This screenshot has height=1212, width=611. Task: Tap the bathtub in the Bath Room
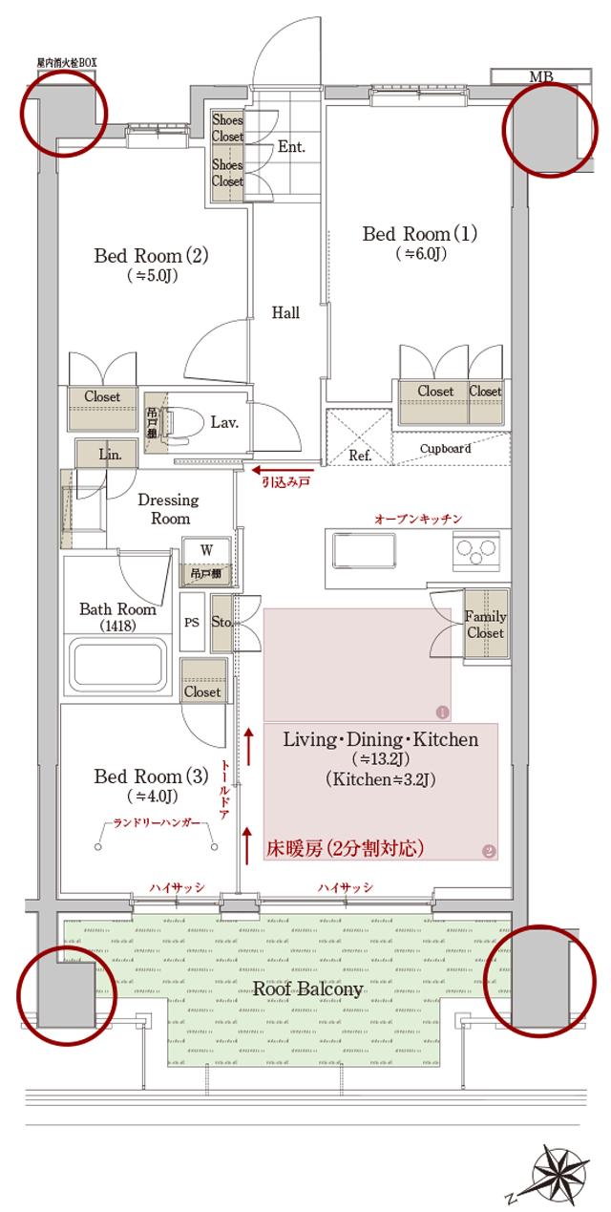click(119, 661)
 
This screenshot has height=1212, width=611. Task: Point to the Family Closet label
click(485, 625)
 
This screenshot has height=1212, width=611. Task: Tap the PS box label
click(192, 620)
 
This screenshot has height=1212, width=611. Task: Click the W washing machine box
click(205, 550)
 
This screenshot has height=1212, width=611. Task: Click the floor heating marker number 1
click(441, 712)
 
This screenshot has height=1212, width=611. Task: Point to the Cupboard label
click(445, 448)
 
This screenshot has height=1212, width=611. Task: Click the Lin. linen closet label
click(109, 455)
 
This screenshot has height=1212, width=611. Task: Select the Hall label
click(285, 312)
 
